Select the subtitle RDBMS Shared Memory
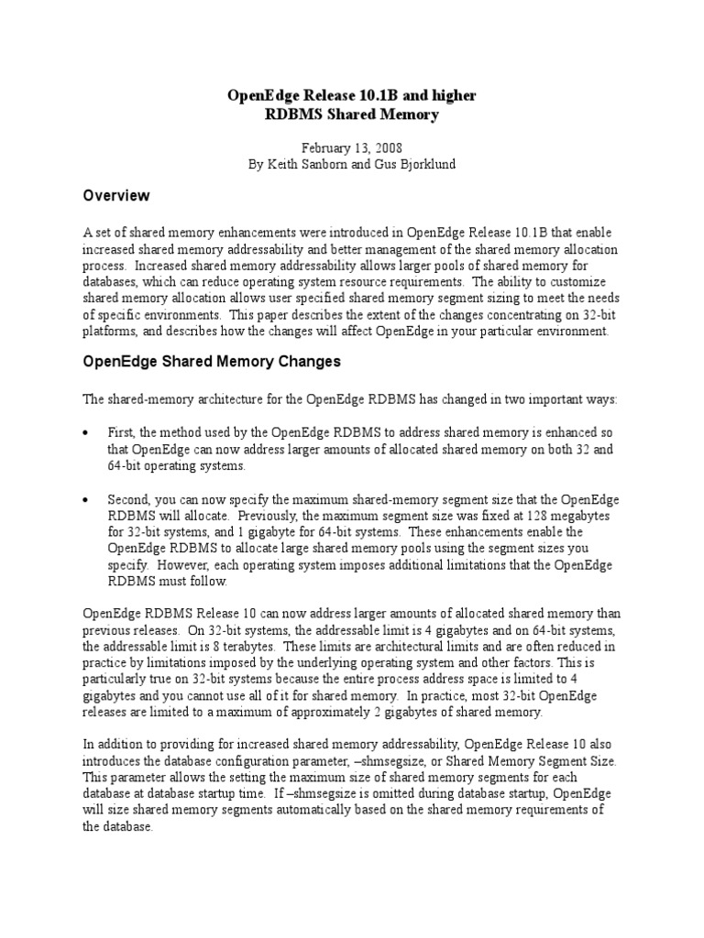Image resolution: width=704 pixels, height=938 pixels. point(352,115)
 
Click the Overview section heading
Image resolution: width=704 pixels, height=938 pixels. point(116,196)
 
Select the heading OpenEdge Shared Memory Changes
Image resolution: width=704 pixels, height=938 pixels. point(212,362)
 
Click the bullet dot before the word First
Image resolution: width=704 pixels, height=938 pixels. point(86,432)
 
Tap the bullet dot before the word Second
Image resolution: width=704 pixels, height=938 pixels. point(86,500)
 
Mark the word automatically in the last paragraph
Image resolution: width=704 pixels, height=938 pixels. point(358,810)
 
